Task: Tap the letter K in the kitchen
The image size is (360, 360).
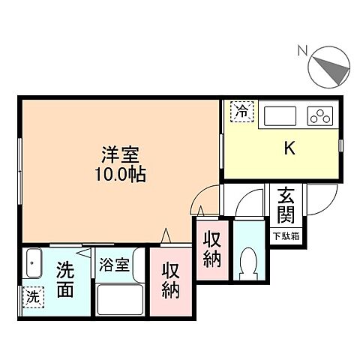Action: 288,148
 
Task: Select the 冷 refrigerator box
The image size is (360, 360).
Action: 241,112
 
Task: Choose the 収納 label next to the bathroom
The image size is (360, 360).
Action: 170,279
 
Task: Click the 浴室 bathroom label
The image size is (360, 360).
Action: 115,265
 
